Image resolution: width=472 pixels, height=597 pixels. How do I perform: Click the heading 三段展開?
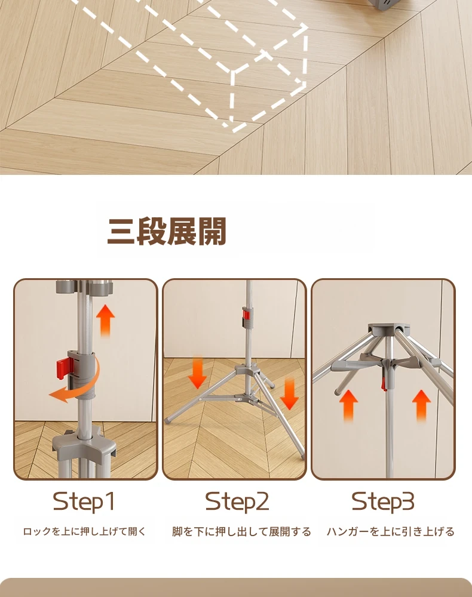[x=167, y=231]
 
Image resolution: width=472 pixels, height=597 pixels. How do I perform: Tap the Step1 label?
[x=84, y=501]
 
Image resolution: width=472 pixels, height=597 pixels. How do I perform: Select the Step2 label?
[x=237, y=501]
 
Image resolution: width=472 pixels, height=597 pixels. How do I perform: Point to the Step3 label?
[x=382, y=501]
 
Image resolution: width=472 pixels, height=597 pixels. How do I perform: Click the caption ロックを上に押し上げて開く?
[x=85, y=531]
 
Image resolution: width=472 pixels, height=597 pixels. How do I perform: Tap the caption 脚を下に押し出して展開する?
[x=241, y=531]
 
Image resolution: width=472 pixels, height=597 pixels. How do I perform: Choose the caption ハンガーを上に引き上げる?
[x=391, y=531]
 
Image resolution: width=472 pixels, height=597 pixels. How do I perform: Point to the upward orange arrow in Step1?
[x=105, y=321]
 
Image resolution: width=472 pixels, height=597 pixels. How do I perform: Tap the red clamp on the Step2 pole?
[x=246, y=316]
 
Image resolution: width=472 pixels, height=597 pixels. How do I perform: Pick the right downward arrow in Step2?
[x=289, y=395]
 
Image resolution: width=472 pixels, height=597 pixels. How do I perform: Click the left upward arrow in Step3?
[x=348, y=405]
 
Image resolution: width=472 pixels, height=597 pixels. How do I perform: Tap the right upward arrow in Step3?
[x=421, y=405]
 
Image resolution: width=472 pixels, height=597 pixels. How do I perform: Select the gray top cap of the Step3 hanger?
[x=388, y=329]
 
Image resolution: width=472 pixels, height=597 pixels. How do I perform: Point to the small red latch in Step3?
[x=384, y=383]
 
